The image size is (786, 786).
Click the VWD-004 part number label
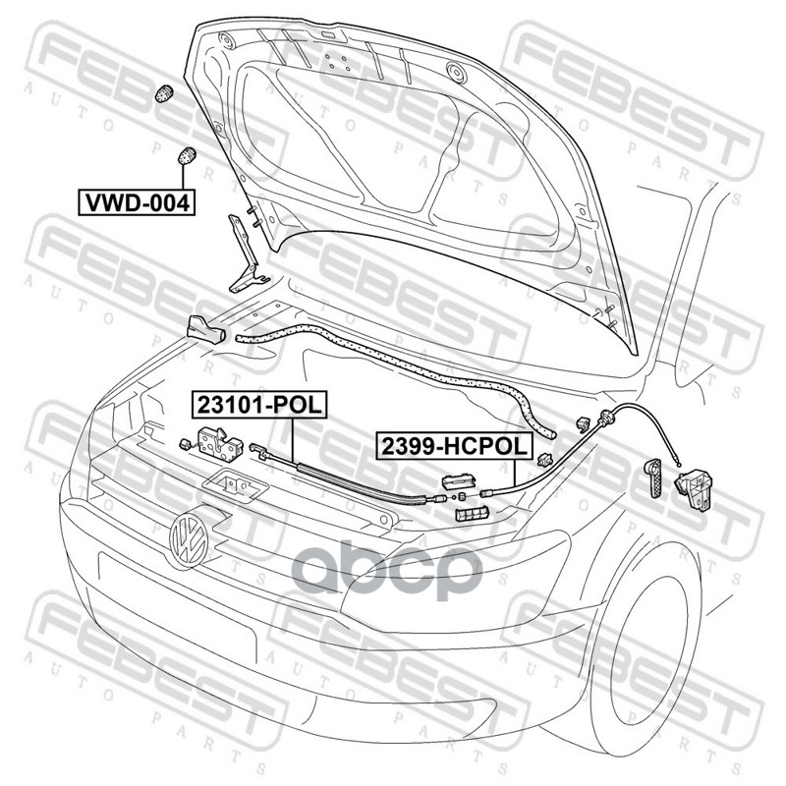click(137, 202)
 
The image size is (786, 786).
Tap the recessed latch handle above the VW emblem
click(233, 483)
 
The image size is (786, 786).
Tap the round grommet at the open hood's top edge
click(455, 73)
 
